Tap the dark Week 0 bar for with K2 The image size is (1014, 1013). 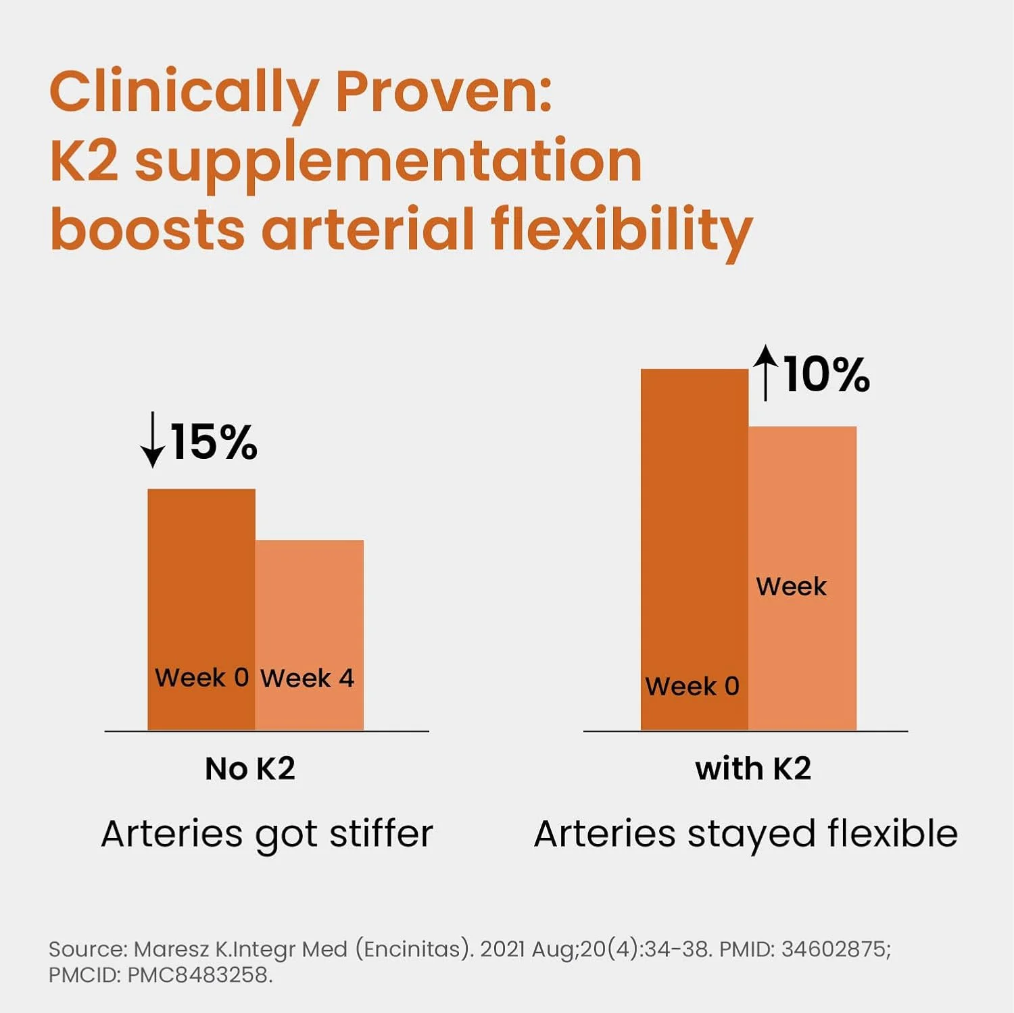(x=694, y=527)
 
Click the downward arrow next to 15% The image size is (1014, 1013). (x=153, y=440)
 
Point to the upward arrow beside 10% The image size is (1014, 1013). (x=765, y=372)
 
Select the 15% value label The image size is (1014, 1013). (x=214, y=443)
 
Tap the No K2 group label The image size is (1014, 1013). (x=250, y=769)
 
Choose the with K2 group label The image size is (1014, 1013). (x=753, y=769)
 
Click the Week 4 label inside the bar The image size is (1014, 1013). (x=308, y=678)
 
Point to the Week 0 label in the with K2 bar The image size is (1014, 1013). (x=692, y=687)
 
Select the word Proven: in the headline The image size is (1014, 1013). (x=443, y=92)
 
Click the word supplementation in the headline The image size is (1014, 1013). (x=388, y=162)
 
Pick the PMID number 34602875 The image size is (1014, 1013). (x=836, y=949)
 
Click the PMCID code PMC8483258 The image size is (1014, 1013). (x=199, y=975)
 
